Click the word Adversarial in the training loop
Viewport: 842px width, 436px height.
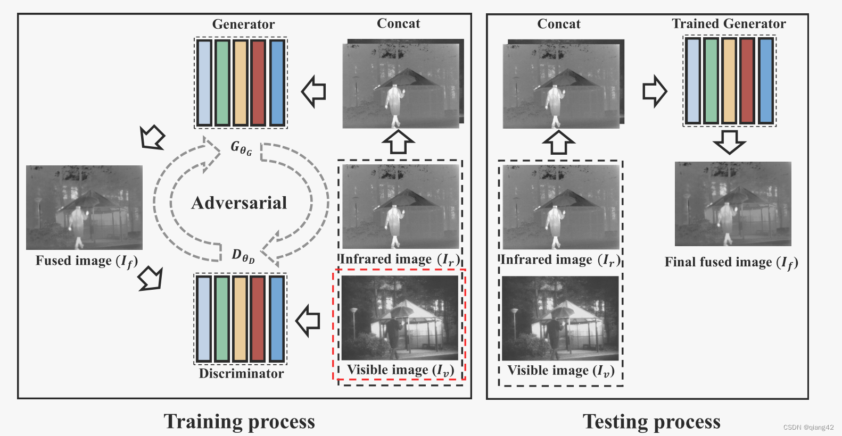[x=239, y=203]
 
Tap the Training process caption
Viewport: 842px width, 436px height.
[x=239, y=421]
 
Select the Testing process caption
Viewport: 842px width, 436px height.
[x=651, y=421]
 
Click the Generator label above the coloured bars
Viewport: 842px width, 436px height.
[x=243, y=24]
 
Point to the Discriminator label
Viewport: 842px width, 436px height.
[x=241, y=373]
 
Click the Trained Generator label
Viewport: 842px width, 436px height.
[x=729, y=23]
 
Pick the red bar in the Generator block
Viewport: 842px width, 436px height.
[x=259, y=82]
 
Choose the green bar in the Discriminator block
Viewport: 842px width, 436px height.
[x=222, y=318]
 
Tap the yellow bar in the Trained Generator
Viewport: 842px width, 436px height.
[x=729, y=81]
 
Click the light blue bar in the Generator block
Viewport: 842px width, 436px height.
[x=204, y=82]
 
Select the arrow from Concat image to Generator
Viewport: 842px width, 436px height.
[x=314, y=91]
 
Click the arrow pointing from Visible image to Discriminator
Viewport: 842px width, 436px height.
[x=308, y=321]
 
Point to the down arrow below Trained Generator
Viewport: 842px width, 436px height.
[x=729, y=141]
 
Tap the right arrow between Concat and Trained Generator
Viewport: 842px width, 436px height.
[x=654, y=91]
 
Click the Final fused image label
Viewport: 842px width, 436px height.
[x=731, y=262]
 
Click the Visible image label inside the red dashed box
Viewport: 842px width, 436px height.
[x=400, y=370]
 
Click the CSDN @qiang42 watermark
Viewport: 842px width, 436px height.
[x=808, y=427]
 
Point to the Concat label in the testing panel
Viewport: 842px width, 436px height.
[x=559, y=24]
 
